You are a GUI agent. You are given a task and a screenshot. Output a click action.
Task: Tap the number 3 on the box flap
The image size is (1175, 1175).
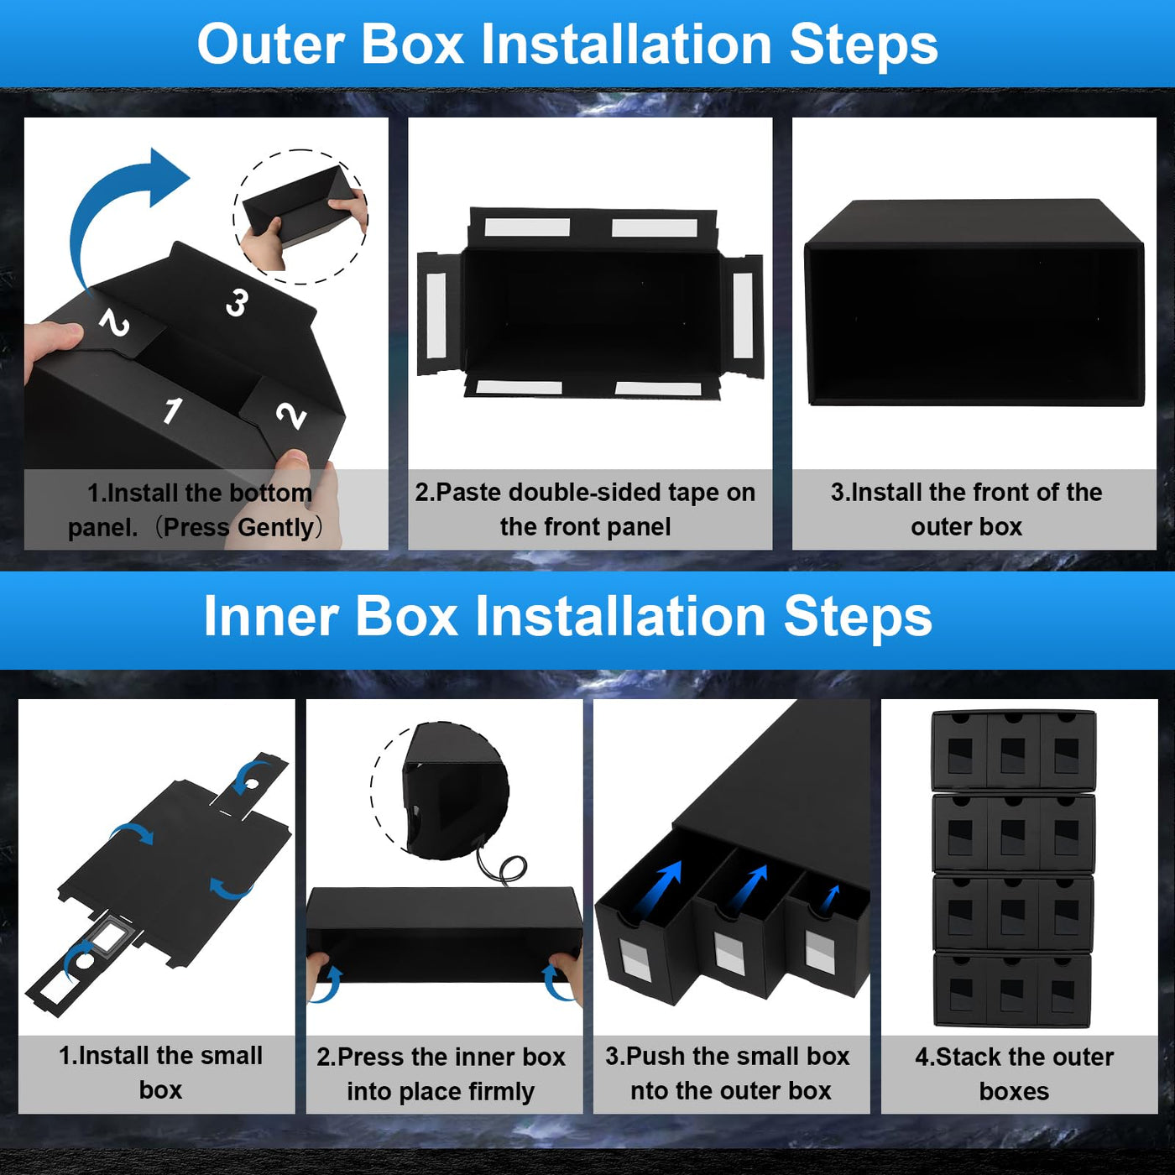pyautogui.click(x=238, y=302)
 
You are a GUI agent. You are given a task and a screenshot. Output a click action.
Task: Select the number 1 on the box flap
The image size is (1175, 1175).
pyautogui.click(x=173, y=410)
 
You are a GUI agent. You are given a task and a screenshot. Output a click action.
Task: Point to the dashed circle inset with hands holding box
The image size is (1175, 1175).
pyautogui.click(x=300, y=217)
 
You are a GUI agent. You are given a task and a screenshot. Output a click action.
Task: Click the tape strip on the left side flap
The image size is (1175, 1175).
pyautogui.click(x=436, y=314)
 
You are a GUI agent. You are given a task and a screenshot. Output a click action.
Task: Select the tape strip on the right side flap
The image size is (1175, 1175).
pyautogui.click(x=743, y=315)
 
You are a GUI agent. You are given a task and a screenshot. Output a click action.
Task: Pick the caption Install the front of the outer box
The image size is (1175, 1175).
pyautogui.click(x=966, y=509)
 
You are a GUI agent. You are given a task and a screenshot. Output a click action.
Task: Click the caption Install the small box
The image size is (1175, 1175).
pyautogui.click(x=160, y=1073)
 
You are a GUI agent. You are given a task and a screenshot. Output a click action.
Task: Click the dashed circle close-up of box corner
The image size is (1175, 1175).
pyautogui.click(x=441, y=789)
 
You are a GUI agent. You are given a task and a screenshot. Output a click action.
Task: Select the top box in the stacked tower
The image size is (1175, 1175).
pyautogui.click(x=1013, y=749)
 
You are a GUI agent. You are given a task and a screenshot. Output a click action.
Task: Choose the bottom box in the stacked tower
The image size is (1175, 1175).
pyautogui.click(x=1012, y=990)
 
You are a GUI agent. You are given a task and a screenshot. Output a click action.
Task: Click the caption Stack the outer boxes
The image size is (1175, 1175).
pyautogui.click(x=1014, y=1073)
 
